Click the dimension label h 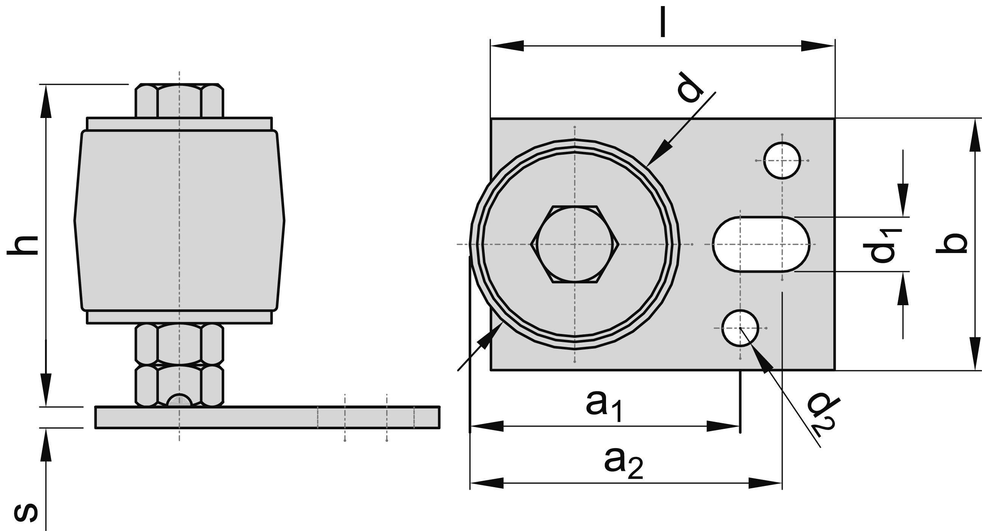(x=23, y=245)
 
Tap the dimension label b (x=952, y=243)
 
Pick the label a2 (x=623, y=463)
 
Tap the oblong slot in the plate (x=761, y=244)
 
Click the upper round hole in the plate (x=782, y=160)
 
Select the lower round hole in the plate (x=740, y=328)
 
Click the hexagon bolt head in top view (x=575, y=244)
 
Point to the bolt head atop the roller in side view (x=179, y=101)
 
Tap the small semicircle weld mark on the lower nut (x=180, y=400)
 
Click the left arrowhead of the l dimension (x=507, y=46)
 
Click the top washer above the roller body (x=179, y=124)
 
